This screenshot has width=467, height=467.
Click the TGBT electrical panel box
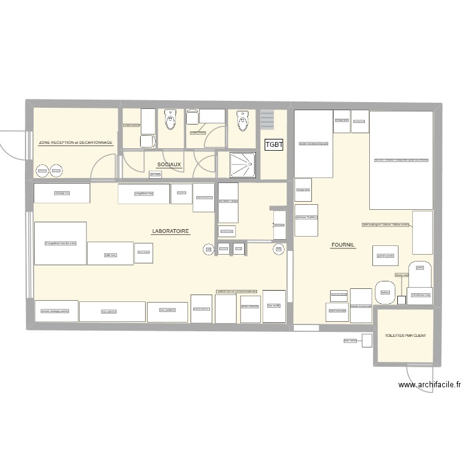[274, 145]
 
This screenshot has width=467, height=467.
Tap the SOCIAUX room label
[169, 165]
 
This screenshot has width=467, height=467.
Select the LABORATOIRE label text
[171, 231]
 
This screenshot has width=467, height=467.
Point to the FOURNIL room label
[342, 245]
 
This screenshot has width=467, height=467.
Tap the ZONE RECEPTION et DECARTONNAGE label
[75, 143]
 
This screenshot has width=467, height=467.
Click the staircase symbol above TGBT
[267, 119]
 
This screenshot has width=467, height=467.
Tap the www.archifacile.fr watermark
[430, 385]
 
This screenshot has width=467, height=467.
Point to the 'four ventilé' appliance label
[274, 306]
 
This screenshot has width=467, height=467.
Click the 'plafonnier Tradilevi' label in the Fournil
[306, 217]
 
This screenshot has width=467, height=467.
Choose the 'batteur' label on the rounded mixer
[385, 291]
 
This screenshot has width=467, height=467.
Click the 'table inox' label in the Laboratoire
[110, 255]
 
